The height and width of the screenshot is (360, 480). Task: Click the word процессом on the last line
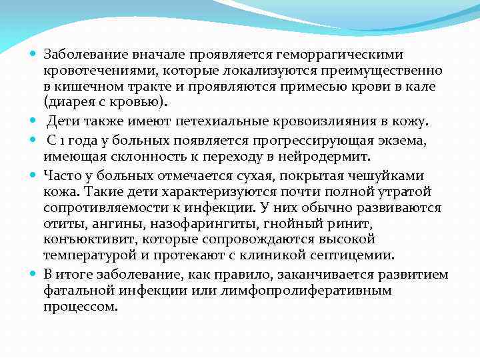point(81,307)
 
